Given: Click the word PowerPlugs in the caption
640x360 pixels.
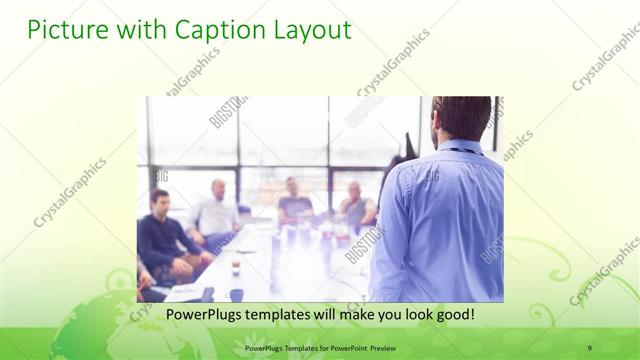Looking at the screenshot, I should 202,314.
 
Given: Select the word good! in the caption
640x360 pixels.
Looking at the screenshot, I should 453,314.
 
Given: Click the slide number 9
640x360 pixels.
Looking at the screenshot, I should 590,348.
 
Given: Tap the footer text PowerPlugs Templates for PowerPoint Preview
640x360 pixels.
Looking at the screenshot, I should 320,348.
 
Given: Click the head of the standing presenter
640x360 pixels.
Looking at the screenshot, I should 462,118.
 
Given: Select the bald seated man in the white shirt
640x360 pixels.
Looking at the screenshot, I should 217,210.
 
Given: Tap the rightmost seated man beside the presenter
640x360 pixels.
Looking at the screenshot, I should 355,205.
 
